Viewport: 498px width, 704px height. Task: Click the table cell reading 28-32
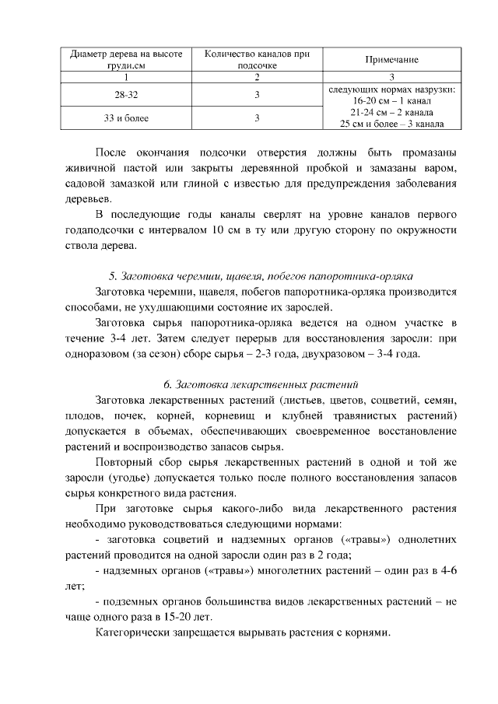pos(126,95)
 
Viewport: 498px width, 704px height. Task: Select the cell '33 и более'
pos(126,118)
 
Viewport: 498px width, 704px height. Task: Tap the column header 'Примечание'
pos(391,60)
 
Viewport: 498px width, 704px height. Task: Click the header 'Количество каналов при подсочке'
pos(257,60)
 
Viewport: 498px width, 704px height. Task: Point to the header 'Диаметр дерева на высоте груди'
pos(126,60)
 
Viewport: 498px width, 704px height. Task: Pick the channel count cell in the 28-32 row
pos(257,95)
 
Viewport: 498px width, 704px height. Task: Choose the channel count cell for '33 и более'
pos(257,118)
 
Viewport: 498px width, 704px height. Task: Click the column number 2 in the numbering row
pos(257,77)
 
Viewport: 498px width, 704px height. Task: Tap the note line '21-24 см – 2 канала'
pos(392,112)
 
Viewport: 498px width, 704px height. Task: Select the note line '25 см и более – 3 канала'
pos(392,124)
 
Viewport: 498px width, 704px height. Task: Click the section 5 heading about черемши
pos(260,276)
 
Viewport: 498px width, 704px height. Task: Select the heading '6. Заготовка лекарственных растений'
pos(260,384)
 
